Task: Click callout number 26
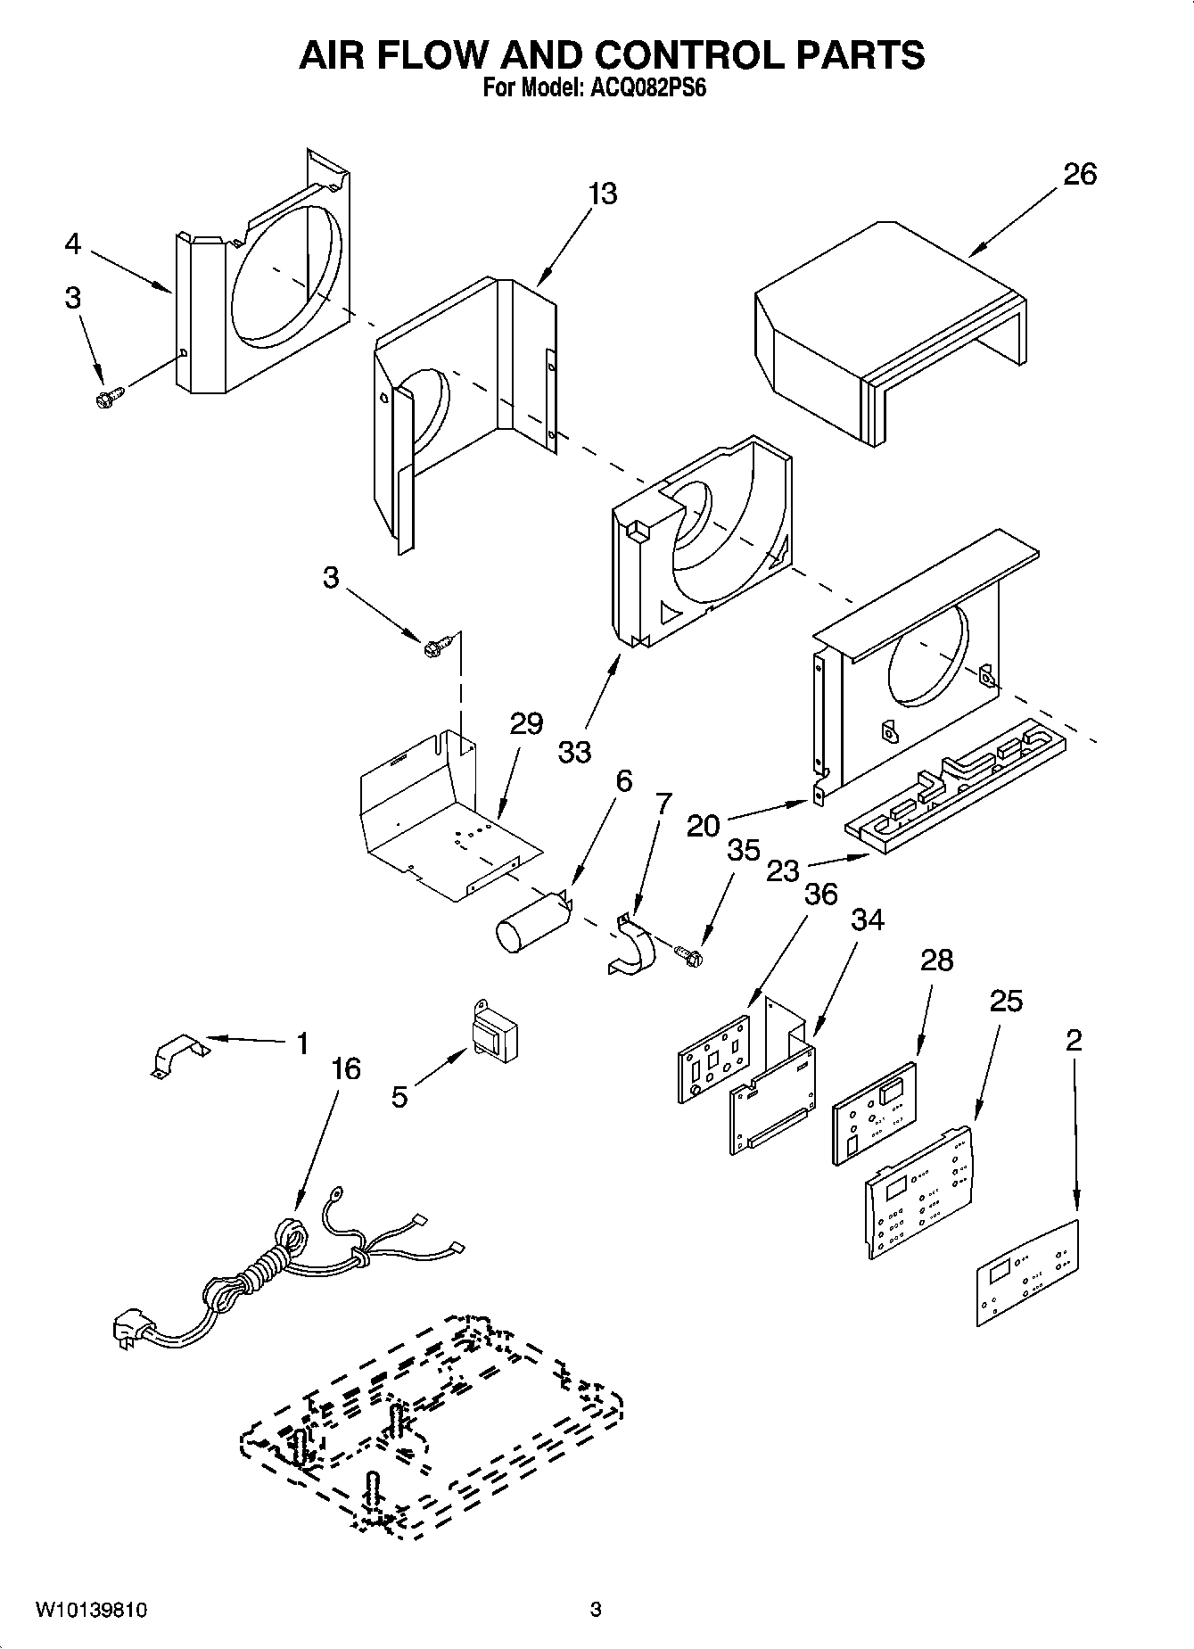pos(1079,174)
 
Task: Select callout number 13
pos(603,194)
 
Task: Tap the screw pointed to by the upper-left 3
pos(109,397)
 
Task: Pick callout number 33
pos(574,752)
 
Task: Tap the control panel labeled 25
pos(919,1192)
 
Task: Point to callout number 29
pos(526,723)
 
